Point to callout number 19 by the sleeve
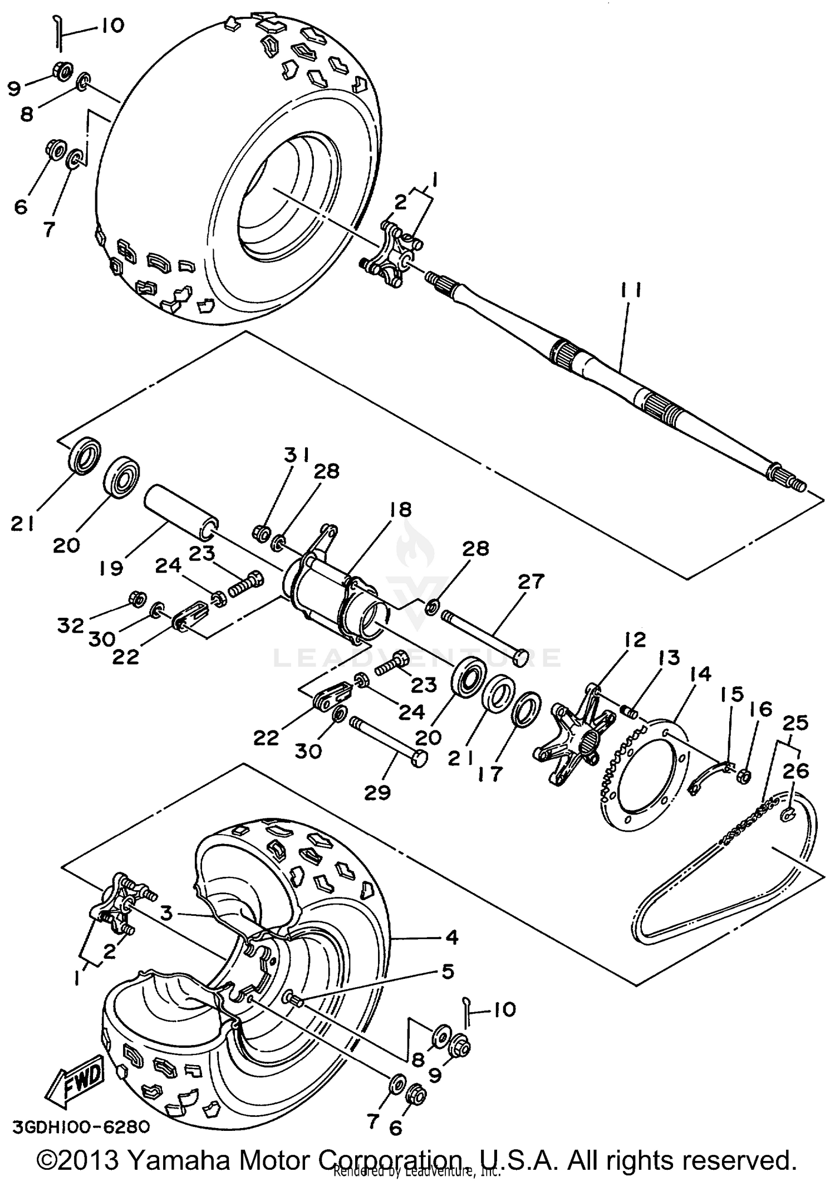coord(112,569)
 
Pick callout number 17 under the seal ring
coord(489,774)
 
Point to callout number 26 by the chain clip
coord(795,772)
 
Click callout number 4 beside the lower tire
coord(451,938)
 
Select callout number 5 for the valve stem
coord(448,972)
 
